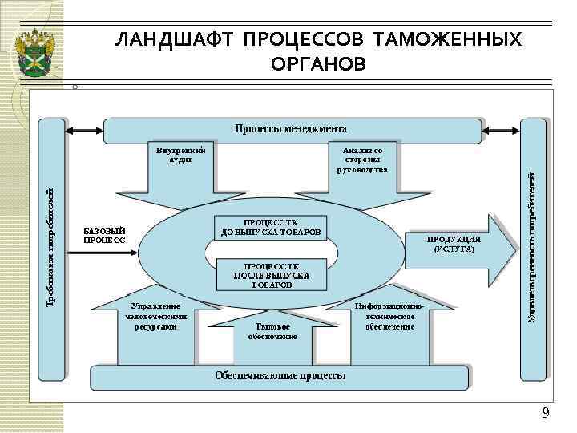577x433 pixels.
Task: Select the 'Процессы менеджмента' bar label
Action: pos(291,128)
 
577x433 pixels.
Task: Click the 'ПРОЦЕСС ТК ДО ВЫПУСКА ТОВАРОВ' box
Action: pos(270,227)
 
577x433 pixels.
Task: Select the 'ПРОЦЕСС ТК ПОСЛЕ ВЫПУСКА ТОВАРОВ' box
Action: pos(270,274)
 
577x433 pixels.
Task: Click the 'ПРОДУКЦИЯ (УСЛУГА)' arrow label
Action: pos(454,245)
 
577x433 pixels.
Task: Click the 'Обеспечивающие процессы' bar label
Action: pos(280,376)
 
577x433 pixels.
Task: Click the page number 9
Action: pos(546,413)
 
